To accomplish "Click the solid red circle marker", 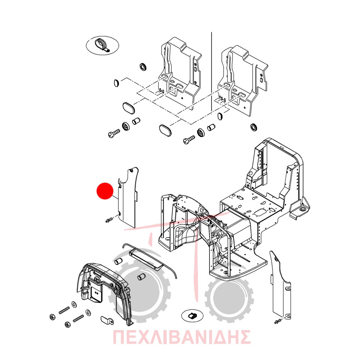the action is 105,191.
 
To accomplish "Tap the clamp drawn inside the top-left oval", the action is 102,45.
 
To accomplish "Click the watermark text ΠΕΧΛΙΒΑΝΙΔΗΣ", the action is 181,337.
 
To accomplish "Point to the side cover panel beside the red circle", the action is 127,197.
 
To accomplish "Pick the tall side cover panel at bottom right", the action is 280,285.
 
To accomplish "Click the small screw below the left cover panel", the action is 109,220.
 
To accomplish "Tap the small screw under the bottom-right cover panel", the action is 278,321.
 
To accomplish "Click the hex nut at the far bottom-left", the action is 53,317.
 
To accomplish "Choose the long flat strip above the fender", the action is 147,259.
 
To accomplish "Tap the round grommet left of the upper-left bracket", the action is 143,66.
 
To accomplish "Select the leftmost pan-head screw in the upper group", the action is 114,133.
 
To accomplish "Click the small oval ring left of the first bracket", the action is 116,83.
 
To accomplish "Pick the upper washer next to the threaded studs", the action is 74,305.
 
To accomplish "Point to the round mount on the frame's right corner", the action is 301,210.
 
